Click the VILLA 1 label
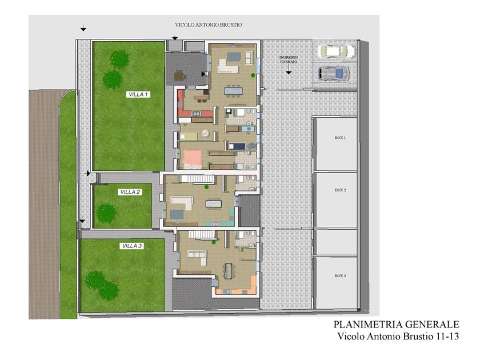coord(138,94)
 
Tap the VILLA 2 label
coord(130,192)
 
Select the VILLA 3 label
coord(132,246)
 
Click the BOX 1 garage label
coord(340,138)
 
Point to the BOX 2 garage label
coord(341,190)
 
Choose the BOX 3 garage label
coord(340,276)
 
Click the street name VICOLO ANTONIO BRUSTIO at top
coord(209,25)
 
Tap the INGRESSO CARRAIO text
coord(289,59)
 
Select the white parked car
coord(337,51)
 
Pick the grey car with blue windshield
coord(334,74)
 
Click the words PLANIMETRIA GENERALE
coord(396,324)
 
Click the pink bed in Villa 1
coord(193,159)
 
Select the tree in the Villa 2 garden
coord(106,213)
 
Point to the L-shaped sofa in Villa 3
coord(198,257)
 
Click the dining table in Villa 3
coord(229,271)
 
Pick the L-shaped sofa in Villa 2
coord(182,202)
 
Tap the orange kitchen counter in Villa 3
coord(242,288)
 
